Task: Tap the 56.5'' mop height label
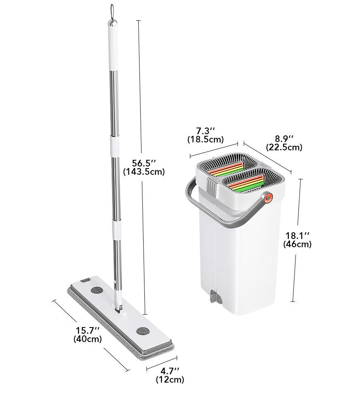144,163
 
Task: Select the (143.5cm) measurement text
144,172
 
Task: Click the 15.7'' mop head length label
88,330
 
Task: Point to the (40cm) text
88,339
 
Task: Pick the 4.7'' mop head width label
170,371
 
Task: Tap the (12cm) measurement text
170,379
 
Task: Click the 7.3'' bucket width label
205,131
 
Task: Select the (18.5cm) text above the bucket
205,139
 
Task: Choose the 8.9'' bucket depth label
284,139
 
